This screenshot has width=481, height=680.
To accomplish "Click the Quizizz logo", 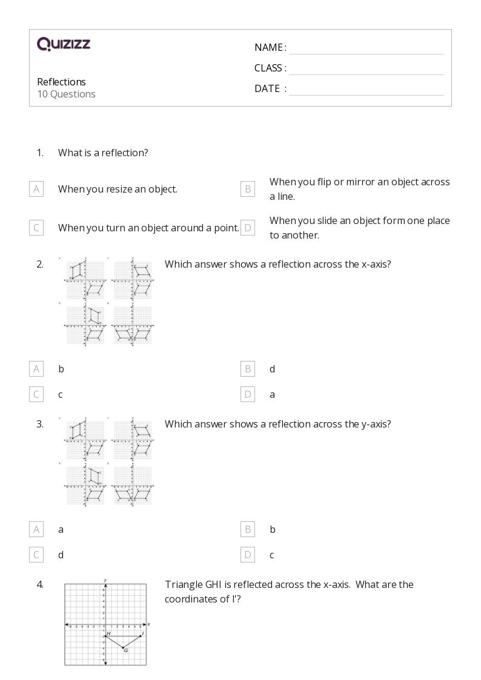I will tap(64, 44).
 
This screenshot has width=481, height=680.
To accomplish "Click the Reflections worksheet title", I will tap(61, 82).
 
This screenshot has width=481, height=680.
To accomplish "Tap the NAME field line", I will tap(366, 48).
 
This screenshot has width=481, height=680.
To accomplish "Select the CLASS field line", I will tap(366, 69).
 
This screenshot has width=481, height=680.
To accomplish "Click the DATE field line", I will tap(366, 90).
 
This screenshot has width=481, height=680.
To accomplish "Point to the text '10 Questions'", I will tap(66, 94).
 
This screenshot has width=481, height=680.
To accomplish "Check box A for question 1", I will tap(36, 190).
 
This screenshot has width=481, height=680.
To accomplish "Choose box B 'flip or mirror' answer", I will tap(248, 190).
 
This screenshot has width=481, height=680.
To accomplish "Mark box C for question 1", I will tap(36, 228).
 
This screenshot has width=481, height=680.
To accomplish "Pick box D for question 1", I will tap(248, 228).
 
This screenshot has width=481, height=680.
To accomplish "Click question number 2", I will tap(40, 264).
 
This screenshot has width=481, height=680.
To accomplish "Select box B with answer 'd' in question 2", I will tap(248, 369).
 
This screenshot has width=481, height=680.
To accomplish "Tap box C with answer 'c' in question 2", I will tap(36, 395).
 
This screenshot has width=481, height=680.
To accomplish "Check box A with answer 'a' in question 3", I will tap(36, 530).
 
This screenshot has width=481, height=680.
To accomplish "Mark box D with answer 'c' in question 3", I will tap(248, 555).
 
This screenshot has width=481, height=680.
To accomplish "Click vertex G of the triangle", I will tap(123, 648).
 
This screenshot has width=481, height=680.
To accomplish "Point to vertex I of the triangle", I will tap(141, 636).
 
